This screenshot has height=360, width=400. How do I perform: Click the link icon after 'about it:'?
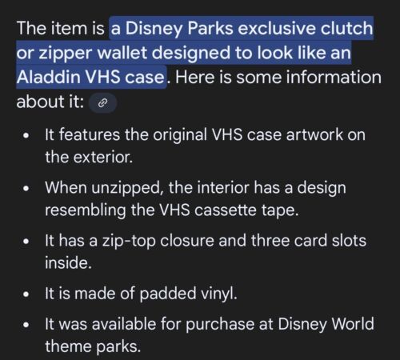102,102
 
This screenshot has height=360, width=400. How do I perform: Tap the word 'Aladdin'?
49,77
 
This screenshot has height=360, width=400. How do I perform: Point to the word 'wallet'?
122,53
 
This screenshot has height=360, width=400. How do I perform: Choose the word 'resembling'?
86,210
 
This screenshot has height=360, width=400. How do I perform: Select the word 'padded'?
168,294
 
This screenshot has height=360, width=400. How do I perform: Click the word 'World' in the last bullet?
353,324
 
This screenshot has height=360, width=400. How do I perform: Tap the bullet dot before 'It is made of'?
26,295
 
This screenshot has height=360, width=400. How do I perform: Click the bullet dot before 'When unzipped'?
26,189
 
